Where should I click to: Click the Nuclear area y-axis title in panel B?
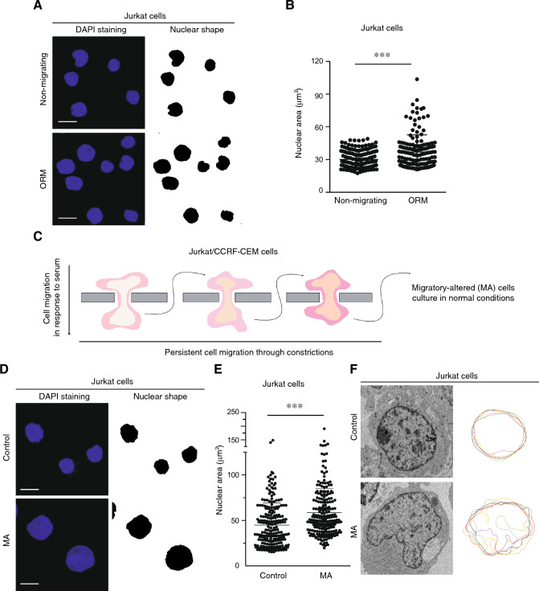[x=298, y=125]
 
